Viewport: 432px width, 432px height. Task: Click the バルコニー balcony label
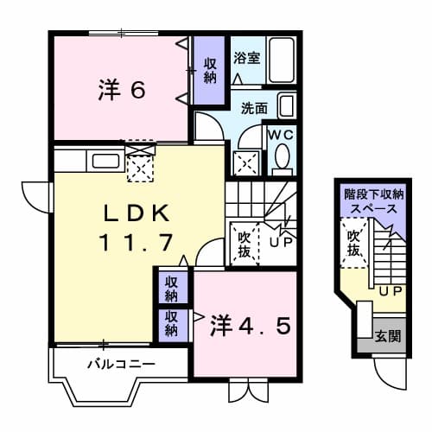point(121,364)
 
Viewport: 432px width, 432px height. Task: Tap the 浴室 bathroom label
point(247,59)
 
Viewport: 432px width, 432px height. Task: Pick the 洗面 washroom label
point(254,110)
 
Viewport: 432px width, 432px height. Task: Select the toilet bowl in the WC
point(282,159)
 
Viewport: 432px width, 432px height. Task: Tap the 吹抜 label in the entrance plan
point(353,242)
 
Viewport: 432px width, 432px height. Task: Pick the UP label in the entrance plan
point(391,289)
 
